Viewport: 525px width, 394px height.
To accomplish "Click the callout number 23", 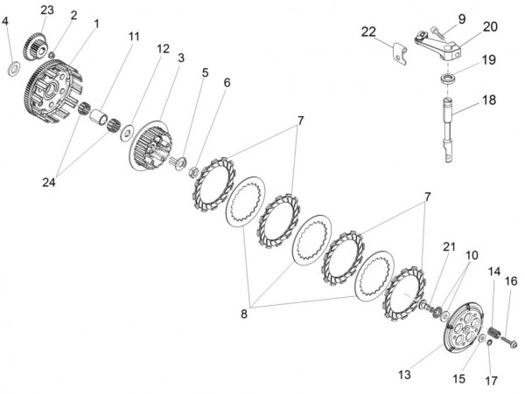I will click(x=46, y=10).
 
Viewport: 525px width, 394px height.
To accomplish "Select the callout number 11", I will click(x=133, y=37).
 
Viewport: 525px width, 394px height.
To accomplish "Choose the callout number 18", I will click(x=488, y=101).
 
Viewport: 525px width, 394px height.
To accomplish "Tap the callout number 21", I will click(x=449, y=247).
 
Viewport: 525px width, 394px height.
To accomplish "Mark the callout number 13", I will click(x=403, y=374).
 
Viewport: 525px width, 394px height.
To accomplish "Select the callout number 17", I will click(x=490, y=382).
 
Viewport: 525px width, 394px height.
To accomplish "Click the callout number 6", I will click(x=227, y=83).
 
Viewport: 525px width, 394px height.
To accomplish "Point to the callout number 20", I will click(x=489, y=26).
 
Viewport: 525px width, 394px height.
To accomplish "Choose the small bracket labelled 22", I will click(x=400, y=50).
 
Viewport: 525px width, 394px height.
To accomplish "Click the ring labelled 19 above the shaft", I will click(x=449, y=79).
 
